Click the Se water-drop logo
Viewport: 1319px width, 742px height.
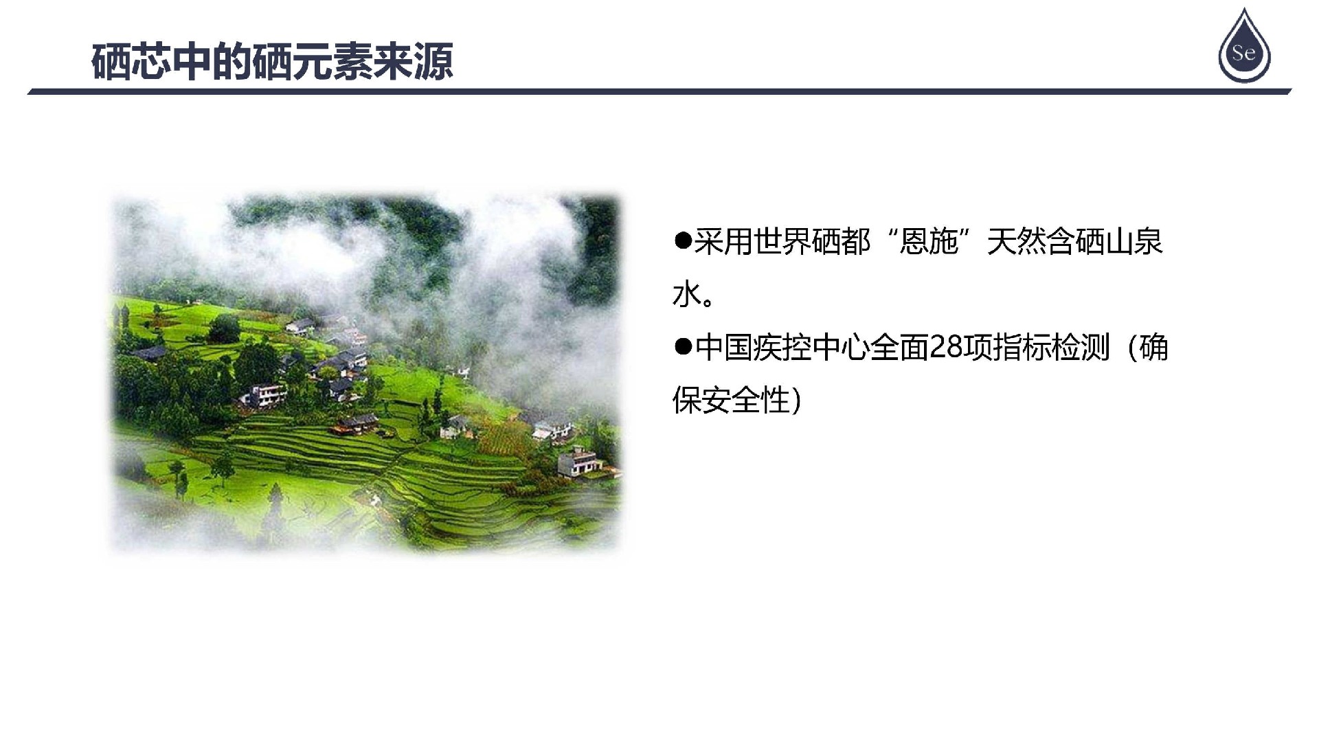point(1244,47)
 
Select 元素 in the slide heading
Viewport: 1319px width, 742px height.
point(332,63)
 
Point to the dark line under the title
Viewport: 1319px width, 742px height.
point(659,91)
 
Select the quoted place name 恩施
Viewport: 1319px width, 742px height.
point(928,242)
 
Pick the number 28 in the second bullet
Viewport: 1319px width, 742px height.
point(946,348)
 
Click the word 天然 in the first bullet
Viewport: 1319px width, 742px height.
point(1016,242)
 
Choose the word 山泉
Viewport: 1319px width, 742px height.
point(1134,242)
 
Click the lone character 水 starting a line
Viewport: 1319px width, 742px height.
point(687,295)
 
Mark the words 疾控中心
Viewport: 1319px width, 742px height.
point(811,348)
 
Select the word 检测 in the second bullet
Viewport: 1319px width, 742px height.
point(1081,348)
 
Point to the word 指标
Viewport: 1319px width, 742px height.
point(1022,348)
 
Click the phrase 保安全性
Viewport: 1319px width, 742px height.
point(731,401)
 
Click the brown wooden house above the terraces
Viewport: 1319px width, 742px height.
point(355,424)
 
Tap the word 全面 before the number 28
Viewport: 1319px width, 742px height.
point(899,348)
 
